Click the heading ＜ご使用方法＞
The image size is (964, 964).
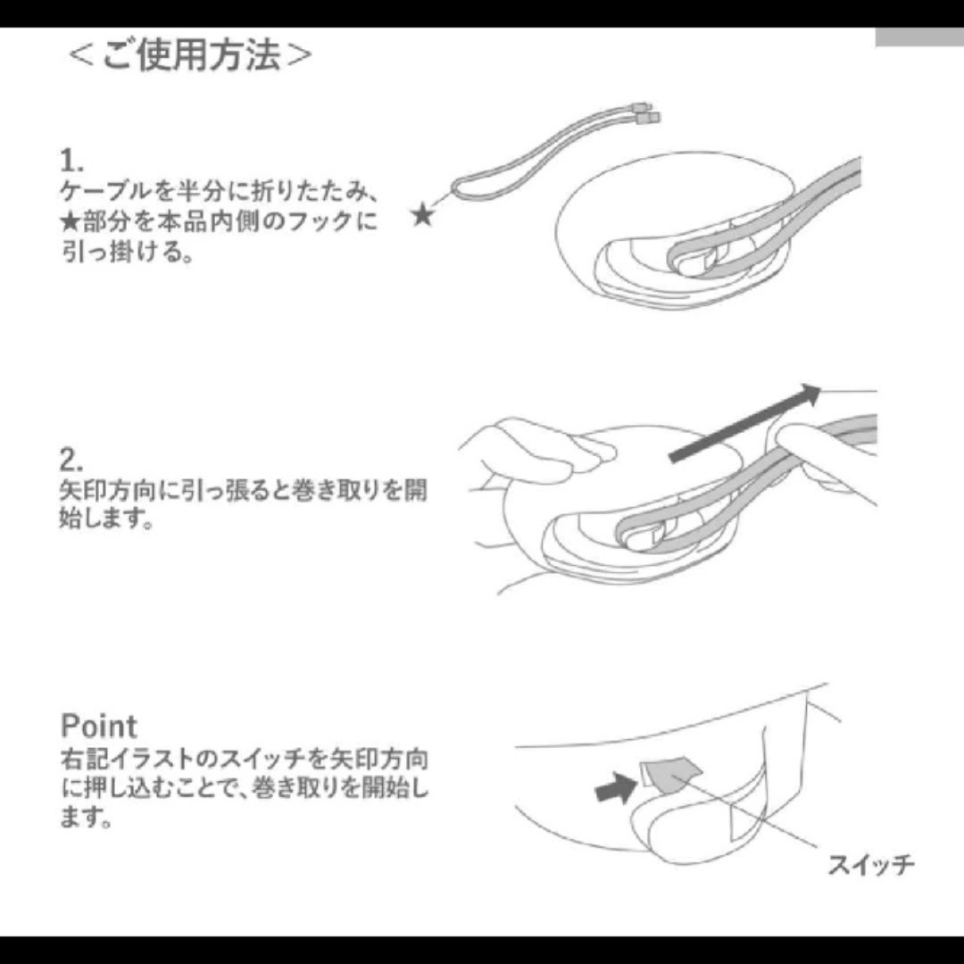click(189, 55)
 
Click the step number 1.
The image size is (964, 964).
click(71, 161)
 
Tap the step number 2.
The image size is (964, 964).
click(71, 460)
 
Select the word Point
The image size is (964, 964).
click(98, 726)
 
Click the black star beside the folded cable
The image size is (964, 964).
click(422, 215)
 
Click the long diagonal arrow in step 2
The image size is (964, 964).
click(744, 423)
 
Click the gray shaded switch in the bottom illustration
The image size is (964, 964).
click(672, 775)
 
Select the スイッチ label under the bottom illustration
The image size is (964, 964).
click(870, 865)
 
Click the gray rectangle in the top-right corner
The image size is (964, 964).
click(919, 37)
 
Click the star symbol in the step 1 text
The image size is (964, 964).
click(71, 220)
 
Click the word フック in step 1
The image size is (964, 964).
click(320, 220)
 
